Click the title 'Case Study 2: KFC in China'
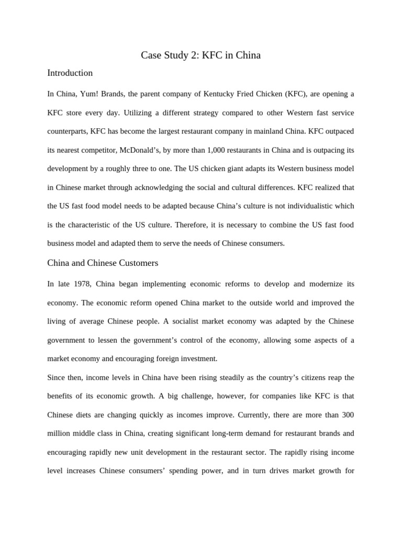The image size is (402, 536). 200,55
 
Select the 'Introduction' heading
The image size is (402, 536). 70,73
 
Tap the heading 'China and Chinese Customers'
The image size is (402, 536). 103,263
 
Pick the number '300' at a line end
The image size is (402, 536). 348,415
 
